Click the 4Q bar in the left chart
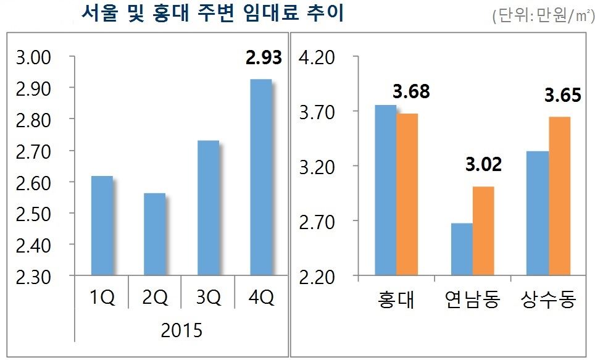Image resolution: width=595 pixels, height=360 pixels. [262, 177]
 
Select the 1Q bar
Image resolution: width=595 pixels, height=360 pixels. [102, 226]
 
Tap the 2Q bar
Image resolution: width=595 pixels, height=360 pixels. [154, 235]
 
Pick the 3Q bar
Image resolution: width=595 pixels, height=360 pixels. [208, 208]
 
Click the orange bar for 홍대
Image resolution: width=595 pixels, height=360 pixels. [407, 195]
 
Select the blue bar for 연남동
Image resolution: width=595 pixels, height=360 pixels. [462, 249]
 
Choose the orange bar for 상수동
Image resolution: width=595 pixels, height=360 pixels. [560, 196]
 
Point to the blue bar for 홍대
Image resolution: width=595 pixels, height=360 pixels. [386, 190]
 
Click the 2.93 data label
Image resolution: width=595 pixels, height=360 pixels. [263, 58]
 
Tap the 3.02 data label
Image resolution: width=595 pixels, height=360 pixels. [483, 165]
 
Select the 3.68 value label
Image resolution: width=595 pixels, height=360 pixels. [411, 92]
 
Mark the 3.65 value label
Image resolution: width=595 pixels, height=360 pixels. [562, 96]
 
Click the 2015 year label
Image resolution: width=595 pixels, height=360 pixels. [181, 330]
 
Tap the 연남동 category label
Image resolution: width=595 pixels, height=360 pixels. [472, 301]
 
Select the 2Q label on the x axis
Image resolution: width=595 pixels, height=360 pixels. [154, 299]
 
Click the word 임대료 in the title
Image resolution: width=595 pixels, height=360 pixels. [261, 13]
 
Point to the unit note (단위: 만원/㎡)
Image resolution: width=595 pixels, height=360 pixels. [541, 17]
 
